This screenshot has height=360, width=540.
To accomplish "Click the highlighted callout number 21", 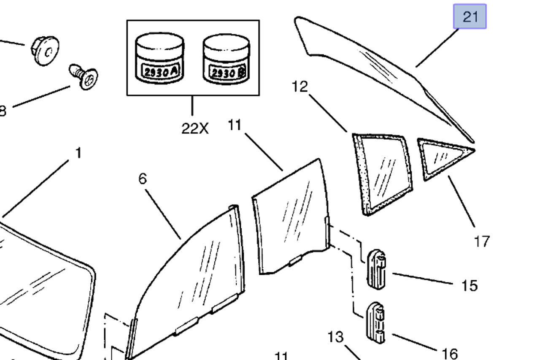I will pyautogui.click(x=470, y=17).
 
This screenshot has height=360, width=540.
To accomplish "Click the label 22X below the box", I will pyautogui.click(x=195, y=128).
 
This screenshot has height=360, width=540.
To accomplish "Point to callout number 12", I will pyautogui.click(x=300, y=87).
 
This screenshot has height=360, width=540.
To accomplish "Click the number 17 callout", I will pyautogui.click(x=482, y=241).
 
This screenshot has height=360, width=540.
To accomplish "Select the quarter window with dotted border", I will pyautogui.click(x=382, y=173).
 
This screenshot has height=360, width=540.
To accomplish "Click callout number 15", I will pyautogui.click(x=469, y=286).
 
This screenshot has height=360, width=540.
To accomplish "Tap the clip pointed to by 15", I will pyautogui.click(x=377, y=269).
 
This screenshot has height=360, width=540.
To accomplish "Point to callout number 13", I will pyautogui.click(x=335, y=337).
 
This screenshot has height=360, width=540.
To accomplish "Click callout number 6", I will pyautogui.click(x=143, y=179).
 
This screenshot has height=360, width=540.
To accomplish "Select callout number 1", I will pyautogui.click(x=78, y=153).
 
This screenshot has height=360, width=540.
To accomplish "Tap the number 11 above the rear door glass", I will pyautogui.click(x=235, y=125).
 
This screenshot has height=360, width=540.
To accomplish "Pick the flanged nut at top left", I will pyautogui.click(x=45, y=50).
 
